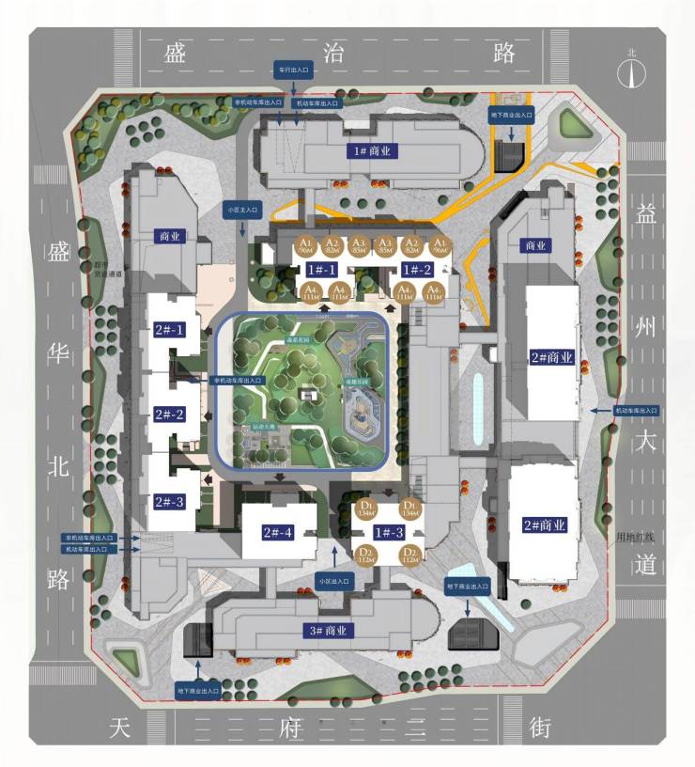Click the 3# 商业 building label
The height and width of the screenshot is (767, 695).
(x=326, y=631)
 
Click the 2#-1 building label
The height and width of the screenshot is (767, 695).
(x=169, y=329)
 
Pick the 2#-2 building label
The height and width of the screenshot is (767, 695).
(x=169, y=415)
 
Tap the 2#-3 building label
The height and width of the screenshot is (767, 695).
(x=169, y=501)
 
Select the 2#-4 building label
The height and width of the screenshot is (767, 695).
(x=277, y=533)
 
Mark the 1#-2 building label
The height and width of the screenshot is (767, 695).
(x=413, y=270)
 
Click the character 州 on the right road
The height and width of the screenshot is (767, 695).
(x=645, y=329)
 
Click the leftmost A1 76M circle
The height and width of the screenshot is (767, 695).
(x=304, y=246)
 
